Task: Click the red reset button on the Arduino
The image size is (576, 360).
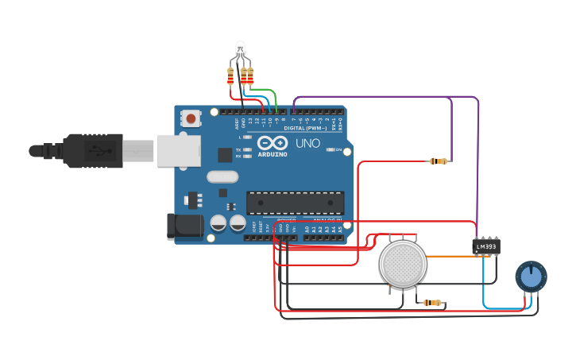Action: coord(191,118)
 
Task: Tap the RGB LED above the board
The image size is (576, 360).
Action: coord(241,49)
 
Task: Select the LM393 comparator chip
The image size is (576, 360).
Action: coord(486,247)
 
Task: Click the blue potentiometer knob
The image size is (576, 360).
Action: coord(531,277)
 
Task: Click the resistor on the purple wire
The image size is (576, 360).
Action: coord(438,161)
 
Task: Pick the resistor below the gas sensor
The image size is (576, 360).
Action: coord(432,303)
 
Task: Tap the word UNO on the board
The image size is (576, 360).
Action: coord(307,144)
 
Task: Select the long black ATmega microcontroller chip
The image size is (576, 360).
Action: coord(295,203)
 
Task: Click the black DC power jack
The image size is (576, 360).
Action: coord(185,226)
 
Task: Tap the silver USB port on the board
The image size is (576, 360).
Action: coord(178,150)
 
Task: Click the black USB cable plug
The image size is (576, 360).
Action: coord(93,150)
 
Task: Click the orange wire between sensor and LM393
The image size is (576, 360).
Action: coord(449,257)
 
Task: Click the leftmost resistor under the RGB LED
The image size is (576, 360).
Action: coord(230,76)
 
